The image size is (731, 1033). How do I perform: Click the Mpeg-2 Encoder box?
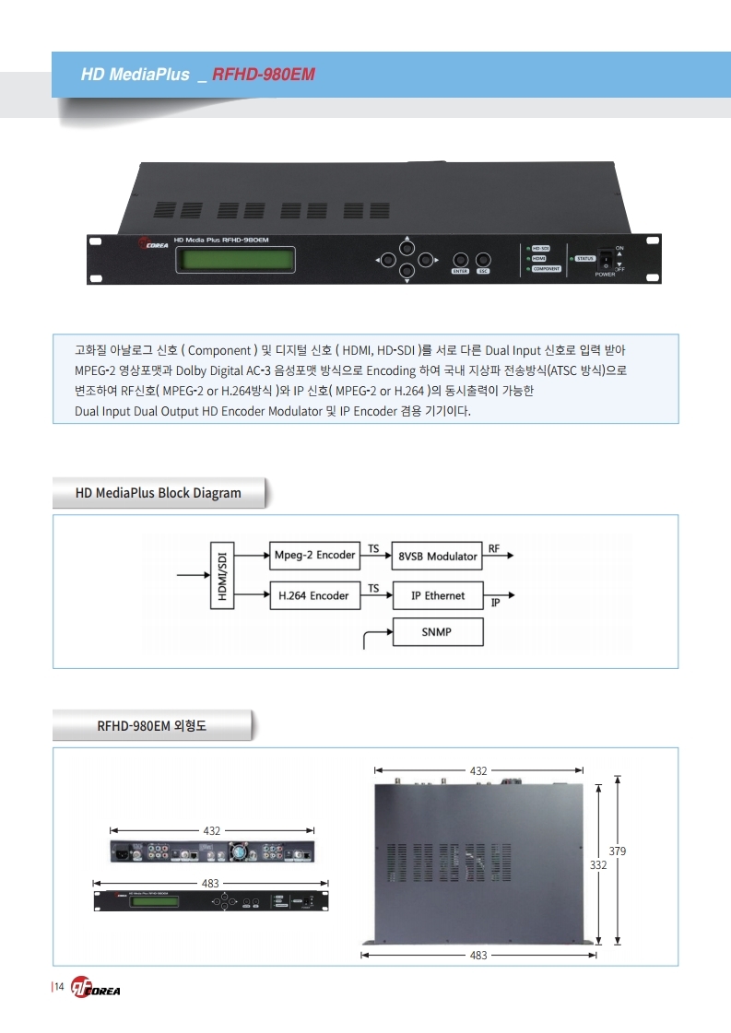[x=314, y=555]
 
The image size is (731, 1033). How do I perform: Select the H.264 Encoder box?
[x=313, y=595]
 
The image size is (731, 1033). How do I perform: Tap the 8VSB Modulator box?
[x=437, y=556]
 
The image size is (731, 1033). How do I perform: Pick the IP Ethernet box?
[x=437, y=595]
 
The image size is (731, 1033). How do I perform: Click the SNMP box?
[x=437, y=632]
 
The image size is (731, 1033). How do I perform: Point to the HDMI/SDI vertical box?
[x=221, y=576]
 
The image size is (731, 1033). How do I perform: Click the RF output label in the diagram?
[x=494, y=548]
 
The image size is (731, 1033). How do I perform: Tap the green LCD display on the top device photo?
[x=235, y=261]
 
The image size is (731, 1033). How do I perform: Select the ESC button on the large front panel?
[x=483, y=260]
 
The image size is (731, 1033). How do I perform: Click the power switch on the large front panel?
[x=606, y=259]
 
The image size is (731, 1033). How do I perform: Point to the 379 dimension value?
[x=618, y=851]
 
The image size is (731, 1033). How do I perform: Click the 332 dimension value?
[x=598, y=865]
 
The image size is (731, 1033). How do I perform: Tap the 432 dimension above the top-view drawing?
[x=478, y=769]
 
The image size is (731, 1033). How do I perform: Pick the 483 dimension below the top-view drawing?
[x=478, y=956]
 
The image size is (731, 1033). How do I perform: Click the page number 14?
[x=58, y=989]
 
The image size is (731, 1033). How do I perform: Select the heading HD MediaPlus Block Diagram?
[x=159, y=493]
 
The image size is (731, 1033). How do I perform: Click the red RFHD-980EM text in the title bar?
[x=264, y=75]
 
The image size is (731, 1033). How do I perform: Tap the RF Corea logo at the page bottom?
[x=96, y=989]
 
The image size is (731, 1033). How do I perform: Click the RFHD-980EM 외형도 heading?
[x=152, y=725]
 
